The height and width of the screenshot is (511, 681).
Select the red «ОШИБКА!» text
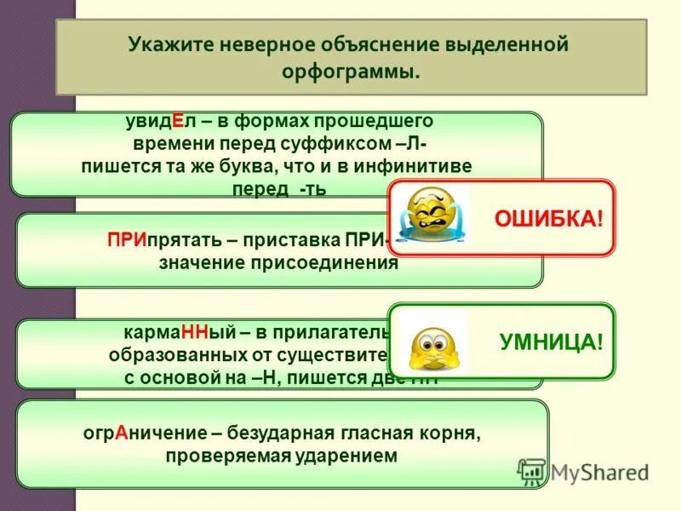(548, 219)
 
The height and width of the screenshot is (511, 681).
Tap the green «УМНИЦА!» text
(551, 342)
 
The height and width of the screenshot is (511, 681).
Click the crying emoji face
(432, 216)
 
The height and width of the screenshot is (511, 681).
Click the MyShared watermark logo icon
(532, 472)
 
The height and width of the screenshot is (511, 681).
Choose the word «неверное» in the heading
(258, 43)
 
